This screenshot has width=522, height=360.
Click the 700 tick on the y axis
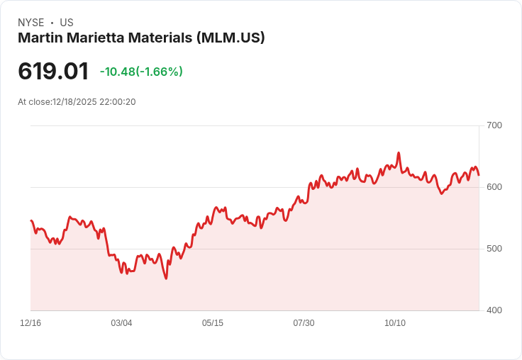tap(494, 125)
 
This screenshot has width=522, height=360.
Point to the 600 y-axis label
tap(494, 187)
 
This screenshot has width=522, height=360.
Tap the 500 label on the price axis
tap(494, 249)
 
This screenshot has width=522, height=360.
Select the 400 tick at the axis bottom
tap(494, 310)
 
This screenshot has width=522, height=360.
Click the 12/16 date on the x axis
tap(30, 323)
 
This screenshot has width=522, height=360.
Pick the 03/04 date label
tap(121, 323)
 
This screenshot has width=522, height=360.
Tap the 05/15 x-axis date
tap(213, 323)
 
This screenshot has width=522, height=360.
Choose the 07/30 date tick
tap(304, 323)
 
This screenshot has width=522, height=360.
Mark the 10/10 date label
tap(395, 323)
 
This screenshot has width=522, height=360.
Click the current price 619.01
tap(53, 72)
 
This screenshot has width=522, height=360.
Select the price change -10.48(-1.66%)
tap(141, 72)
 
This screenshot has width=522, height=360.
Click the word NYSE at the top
tap(31, 23)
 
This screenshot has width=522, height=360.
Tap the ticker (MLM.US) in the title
tap(231, 38)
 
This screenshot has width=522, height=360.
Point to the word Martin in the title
tap(39, 38)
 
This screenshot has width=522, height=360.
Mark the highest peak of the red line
tap(399, 152)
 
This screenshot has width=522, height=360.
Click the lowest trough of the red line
tap(166, 279)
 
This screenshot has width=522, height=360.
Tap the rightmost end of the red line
tap(479, 175)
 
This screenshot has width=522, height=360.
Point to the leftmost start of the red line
tap(30, 220)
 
